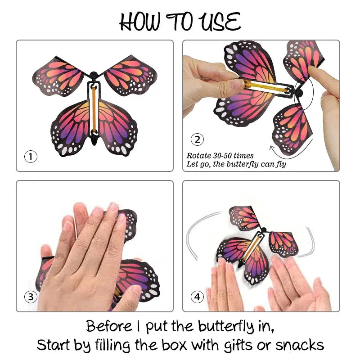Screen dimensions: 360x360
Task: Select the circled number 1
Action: click(30, 157)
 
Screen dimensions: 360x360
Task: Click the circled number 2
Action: click(197, 139)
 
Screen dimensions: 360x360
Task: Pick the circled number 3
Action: click(30, 297)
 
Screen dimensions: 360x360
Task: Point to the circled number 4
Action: click(197, 297)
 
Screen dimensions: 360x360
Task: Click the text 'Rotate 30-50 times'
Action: click(220, 156)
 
